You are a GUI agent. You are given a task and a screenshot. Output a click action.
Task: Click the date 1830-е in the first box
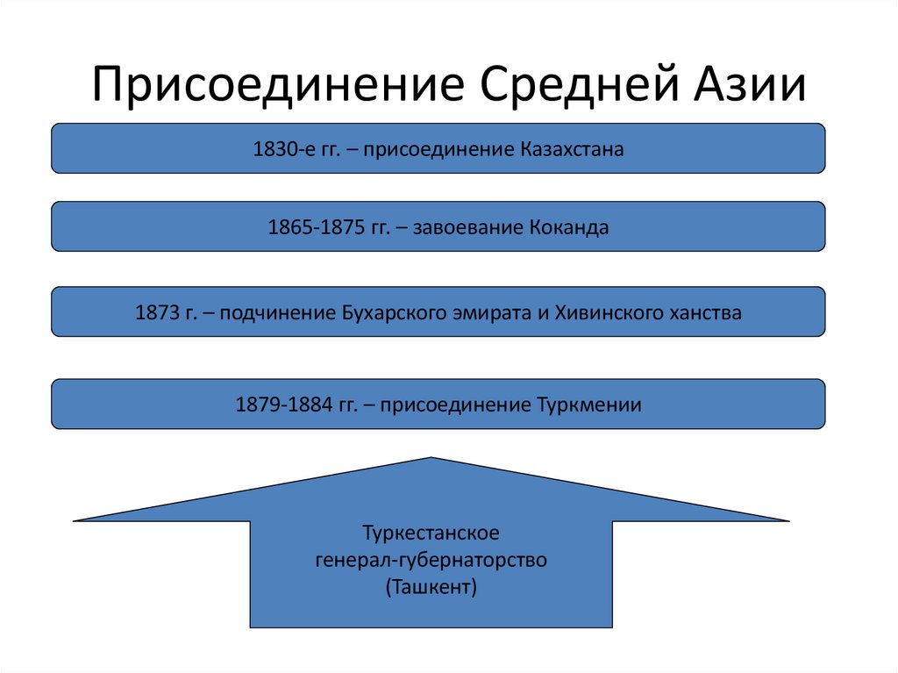[x=279, y=149]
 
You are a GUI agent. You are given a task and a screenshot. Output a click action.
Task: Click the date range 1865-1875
[x=312, y=228]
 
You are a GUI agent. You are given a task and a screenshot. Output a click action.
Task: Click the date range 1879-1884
[x=279, y=405]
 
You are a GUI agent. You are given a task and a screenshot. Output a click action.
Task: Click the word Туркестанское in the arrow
[x=431, y=533]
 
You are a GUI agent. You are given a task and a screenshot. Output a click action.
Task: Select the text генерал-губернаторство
[x=431, y=559]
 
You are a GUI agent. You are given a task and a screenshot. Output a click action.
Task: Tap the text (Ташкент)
[x=431, y=585]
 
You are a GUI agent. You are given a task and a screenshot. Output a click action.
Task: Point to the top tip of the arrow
[x=431, y=459]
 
